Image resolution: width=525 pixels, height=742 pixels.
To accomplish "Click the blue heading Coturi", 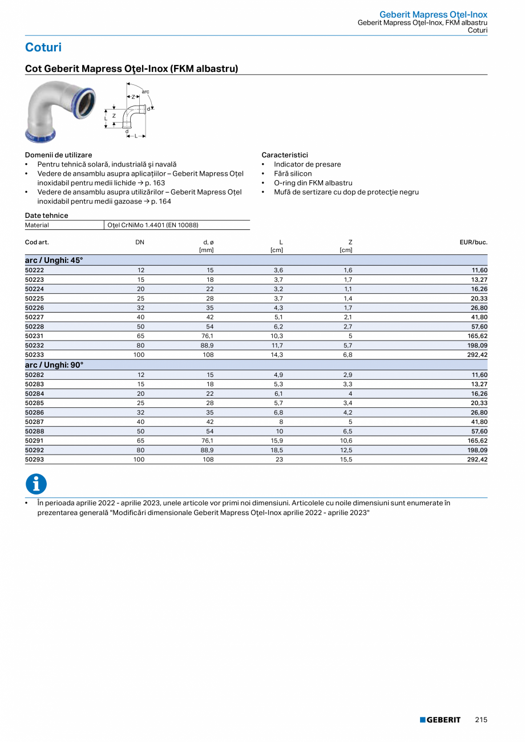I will click(x=43, y=47).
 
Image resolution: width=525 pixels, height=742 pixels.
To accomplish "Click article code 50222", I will click(x=34, y=270).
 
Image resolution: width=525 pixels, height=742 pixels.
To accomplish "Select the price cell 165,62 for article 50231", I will click(x=475, y=336).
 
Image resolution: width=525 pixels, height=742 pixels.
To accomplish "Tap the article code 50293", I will click(x=34, y=460).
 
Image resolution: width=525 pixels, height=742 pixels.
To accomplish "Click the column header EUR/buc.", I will click(x=473, y=242).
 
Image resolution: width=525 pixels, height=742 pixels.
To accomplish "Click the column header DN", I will click(x=140, y=242).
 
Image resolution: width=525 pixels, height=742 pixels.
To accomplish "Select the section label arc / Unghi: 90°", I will click(x=54, y=365).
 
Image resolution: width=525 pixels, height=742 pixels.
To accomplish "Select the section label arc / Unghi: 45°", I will click(x=54, y=260).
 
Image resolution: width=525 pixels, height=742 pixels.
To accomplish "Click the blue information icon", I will click(x=36, y=484).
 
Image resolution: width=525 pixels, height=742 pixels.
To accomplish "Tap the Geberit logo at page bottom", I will click(x=440, y=720).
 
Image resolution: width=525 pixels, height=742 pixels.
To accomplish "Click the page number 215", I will click(x=481, y=720).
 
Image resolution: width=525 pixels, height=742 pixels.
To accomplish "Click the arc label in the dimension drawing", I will click(x=146, y=91).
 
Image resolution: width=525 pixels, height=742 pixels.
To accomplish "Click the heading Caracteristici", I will click(x=285, y=155).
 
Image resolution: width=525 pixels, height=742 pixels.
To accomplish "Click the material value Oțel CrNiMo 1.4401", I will click(x=152, y=225).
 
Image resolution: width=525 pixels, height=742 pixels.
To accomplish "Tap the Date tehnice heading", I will click(x=46, y=216).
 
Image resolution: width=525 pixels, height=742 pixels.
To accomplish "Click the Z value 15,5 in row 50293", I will click(x=346, y=460).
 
